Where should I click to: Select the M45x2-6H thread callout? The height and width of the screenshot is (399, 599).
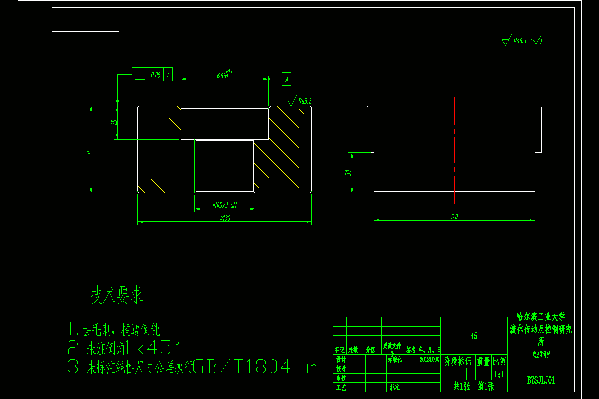(224, 205)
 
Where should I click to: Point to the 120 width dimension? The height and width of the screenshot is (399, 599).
(454, 216)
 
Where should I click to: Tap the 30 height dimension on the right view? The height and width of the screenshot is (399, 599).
(349, 172)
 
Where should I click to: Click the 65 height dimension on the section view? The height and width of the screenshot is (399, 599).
(88, 150)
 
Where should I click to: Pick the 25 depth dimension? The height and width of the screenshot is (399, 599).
(114, 122)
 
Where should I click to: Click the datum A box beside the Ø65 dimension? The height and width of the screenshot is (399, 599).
(286, 78)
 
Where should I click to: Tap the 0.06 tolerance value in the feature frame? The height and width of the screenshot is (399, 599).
(155, 75)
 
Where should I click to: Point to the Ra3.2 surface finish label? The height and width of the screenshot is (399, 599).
(304, 101)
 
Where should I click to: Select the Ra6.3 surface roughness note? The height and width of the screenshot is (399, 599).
(520, 41)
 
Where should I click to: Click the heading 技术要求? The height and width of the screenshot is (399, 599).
(116, 295)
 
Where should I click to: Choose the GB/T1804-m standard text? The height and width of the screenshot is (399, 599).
(255, 368)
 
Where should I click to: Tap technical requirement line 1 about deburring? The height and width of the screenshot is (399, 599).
(114, 329)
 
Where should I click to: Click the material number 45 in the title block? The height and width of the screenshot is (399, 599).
(474, 336)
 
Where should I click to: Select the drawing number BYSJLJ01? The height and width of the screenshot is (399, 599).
(541, 380)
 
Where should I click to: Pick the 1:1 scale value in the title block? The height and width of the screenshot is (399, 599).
(498, 374)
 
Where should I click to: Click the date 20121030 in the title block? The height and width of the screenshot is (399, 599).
(429, 359)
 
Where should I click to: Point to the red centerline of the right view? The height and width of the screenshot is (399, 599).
(455, 150)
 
